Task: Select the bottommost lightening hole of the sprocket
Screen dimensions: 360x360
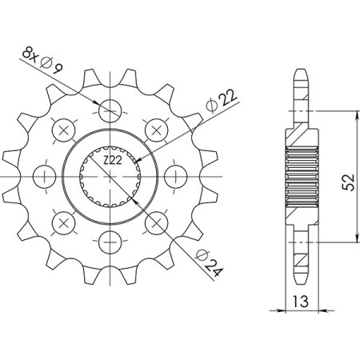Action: tap(110, 238)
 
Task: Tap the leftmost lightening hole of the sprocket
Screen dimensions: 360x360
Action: tap(45, 173)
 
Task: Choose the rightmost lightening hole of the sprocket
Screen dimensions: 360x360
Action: tap(176, 173)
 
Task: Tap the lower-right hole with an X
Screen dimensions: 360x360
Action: tap(157, 219)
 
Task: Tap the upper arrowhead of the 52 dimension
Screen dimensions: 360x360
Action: tap(356, 114)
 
